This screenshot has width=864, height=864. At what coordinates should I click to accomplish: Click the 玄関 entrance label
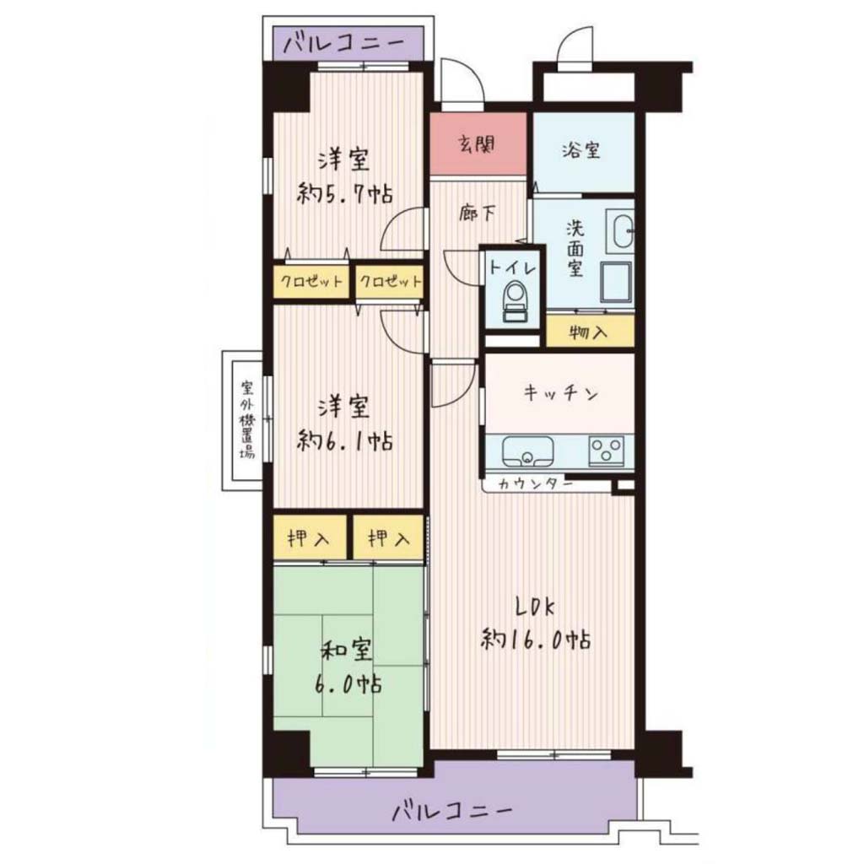pos(478,145)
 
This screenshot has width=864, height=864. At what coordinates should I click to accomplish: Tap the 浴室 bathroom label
pos(580,150)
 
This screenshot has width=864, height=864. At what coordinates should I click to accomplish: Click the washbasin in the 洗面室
pos(620,231)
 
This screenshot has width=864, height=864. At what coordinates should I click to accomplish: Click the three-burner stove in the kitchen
pos(606,451)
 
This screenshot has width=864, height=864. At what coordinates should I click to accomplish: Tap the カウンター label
pos(535,484)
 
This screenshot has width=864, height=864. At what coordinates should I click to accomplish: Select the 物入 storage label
pos(589,332)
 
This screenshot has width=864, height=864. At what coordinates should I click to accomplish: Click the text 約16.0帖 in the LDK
pos(536,640)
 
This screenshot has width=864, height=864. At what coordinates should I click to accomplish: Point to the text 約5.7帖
pos(345,194)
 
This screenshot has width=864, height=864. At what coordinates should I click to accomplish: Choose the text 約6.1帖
pos(345,440)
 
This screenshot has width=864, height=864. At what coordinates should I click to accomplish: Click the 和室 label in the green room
pos(346,651)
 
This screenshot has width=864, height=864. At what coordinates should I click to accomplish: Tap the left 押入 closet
pos(309,537)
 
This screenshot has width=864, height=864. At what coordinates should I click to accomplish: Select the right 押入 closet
pos(388,537)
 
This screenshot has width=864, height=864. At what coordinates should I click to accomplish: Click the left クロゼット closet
pos(311,282)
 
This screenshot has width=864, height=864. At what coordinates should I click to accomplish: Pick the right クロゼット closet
pos(390,282)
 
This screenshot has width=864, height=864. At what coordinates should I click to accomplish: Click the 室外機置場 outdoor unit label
pos(246,420)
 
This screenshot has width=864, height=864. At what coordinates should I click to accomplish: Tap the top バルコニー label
pos(344,42)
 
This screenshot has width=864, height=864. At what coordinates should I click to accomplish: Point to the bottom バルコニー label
pos(452,811)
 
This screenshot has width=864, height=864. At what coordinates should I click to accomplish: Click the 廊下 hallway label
pos(478,213)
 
